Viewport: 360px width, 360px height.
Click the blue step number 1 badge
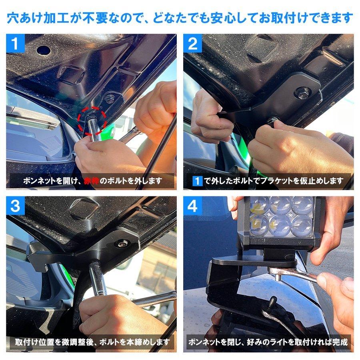(x=15, y=44)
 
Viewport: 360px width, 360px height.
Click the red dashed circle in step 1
(x=92, y=120)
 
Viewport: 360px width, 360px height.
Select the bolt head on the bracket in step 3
(x=122, y=243)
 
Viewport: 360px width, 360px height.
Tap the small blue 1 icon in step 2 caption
(x=198, y=181)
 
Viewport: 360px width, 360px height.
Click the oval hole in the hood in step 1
(x=43, y=50)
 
